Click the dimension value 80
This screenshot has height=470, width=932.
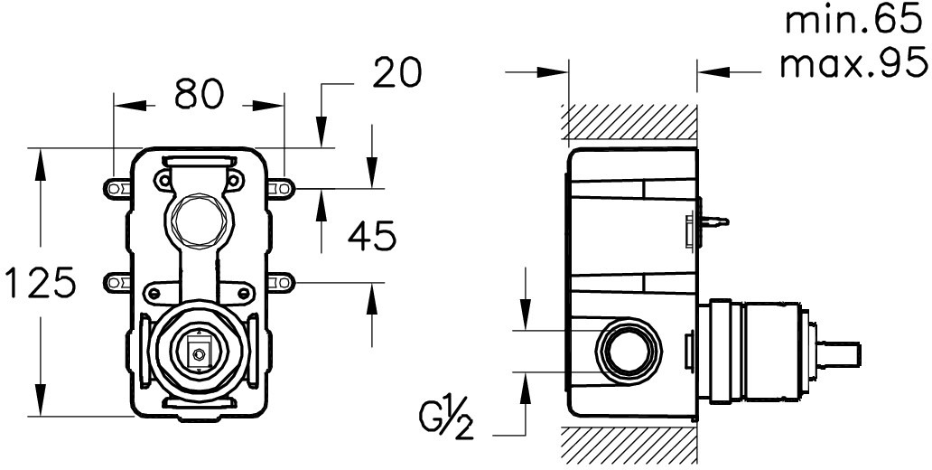(x=199, y=94)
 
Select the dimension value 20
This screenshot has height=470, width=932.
(x=397, y=72)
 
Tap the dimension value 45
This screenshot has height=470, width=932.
(x=371, y=236)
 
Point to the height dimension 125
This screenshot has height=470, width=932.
(x=40, y=282)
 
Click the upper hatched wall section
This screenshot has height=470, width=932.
(x=629, y=122)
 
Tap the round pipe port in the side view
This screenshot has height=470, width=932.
(x=629, y=351)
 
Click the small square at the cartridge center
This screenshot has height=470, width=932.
(x=196, y=351)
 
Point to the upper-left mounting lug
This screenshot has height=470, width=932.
(x=116, y=189)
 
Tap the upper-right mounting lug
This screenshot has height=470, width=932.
(x=281, y=189)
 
